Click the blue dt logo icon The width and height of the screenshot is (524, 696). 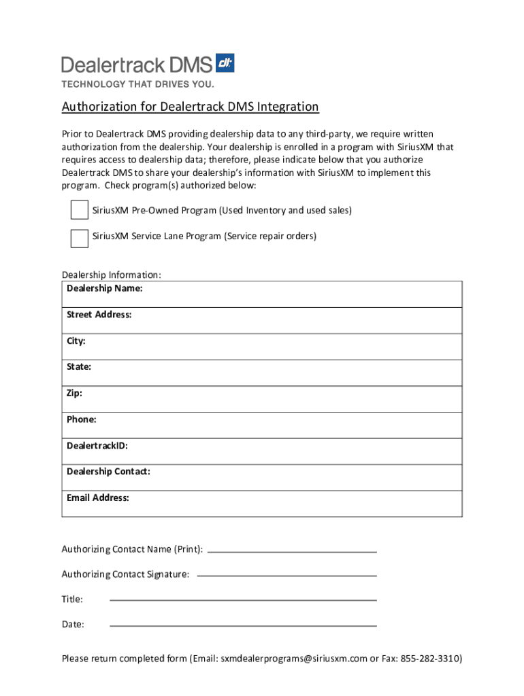tap(225, 63)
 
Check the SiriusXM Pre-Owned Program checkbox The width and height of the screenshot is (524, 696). tap(79, 211)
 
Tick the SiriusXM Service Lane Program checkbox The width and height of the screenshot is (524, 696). tap(79, 237)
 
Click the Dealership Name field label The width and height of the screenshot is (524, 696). tap(104, 289)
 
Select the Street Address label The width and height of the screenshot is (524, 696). tap(99, 315)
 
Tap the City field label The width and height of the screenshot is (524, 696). tap(76, 341)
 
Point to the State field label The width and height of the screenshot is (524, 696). tap(78, 367)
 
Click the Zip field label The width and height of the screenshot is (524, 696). tap(74, 394)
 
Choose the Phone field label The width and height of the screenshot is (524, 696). tap(81, 419)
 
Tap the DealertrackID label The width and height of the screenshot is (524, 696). tap(97, 446)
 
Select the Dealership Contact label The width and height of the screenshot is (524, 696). tap(108, 472)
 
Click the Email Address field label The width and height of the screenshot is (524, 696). tap(97, 498)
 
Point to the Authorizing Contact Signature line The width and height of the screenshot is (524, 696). tap(286, 576)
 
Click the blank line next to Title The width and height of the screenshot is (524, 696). tap(243, 601)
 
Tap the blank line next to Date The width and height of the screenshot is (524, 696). tap(243, 626)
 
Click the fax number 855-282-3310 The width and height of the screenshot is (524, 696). tap(431, 659)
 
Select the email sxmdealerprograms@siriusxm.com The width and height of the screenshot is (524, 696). tap(293, 659)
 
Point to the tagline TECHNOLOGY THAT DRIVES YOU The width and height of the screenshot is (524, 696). tap(138, 84)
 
